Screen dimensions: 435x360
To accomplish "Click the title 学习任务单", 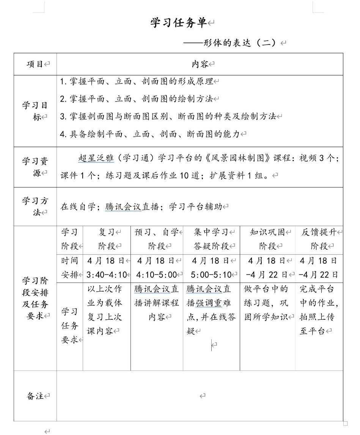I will click(179, 23).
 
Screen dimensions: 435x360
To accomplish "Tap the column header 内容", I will click(200, 64).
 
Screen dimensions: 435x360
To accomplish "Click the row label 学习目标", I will click(35, 111).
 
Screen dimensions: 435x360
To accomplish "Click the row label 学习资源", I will click(35, 167).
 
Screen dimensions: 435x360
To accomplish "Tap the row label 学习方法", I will click(35, 206).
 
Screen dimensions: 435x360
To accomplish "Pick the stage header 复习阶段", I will click(107, 239).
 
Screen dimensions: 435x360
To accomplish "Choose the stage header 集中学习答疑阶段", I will click(211, 239).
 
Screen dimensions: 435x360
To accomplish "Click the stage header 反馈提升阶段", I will click(319, 239).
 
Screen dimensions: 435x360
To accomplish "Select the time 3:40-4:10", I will click(107, 275).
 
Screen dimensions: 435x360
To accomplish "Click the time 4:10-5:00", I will click(156, 275).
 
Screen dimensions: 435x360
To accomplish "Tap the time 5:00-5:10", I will click(211, 275).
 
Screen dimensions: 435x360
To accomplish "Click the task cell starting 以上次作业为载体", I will click(105, 310).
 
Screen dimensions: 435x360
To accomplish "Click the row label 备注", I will click(35, 396).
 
